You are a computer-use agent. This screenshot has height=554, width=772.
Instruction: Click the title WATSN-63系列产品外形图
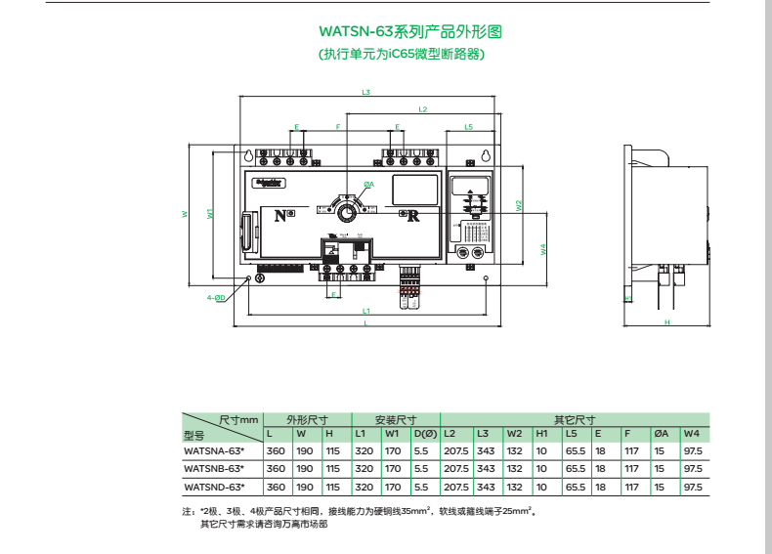click(403, 33)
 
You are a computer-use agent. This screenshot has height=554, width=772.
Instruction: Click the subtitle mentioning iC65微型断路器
click(403, 55)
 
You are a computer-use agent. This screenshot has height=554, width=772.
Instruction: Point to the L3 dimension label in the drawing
click(365, 93)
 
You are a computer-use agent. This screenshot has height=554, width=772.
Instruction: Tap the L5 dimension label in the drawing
click(469, 128)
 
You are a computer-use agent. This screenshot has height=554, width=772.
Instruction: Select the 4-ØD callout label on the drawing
click(215, 297)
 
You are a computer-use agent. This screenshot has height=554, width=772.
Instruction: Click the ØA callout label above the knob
click(368, 184)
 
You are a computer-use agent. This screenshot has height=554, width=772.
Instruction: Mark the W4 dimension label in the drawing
click(543, 249)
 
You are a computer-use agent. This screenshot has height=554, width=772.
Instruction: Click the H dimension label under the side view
click(666, 321)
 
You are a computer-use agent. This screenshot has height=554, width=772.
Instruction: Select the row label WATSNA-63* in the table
click(213, 451)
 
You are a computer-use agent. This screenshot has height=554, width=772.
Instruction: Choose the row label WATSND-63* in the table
click(213, 486)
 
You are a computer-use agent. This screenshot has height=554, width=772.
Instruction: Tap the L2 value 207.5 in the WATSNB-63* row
click(455, 469)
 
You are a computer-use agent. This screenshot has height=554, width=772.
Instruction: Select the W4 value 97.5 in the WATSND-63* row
click(692, 486)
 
